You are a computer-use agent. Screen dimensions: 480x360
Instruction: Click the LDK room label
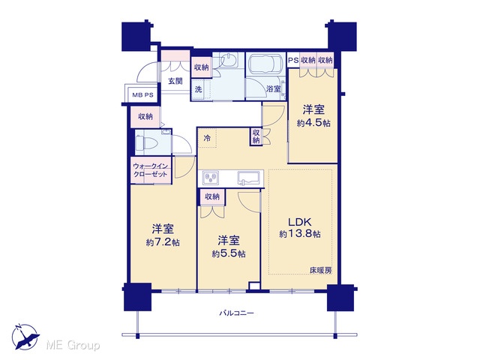[300, 222]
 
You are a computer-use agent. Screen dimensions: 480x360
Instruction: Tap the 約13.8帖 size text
[300, 234]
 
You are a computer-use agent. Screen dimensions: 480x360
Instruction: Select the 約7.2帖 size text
[163, 242]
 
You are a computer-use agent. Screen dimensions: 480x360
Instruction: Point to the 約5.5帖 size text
[229, 253]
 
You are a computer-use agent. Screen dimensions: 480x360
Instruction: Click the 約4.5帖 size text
[313, 123]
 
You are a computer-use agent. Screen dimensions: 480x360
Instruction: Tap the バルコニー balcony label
[237, 313]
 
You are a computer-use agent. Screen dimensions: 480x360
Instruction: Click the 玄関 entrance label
[175, 81]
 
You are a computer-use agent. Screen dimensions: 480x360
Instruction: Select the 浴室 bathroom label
[273, 89]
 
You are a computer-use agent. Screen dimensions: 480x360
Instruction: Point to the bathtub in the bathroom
[265, 64]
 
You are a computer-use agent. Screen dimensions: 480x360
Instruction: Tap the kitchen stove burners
[210, 178]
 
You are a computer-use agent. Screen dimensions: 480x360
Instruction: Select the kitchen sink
[250, 178]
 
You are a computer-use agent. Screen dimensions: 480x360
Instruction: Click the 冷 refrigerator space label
[207, 138]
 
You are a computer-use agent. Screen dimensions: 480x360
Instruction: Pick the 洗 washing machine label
[198, 89]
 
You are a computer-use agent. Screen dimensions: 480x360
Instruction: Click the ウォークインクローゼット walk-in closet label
[150, 170]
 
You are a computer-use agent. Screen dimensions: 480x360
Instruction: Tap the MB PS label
[142, 95]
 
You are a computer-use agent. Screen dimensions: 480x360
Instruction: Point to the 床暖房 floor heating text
[321, 270]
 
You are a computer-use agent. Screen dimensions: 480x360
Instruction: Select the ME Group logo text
[73, 345]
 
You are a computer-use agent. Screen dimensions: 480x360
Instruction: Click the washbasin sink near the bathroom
[228, 60]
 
